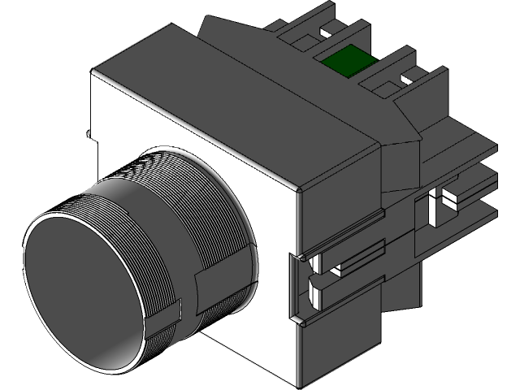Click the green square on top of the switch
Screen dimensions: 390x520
pos(346,60)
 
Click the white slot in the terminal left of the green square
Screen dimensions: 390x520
pos(328,35)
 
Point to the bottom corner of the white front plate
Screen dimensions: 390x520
pos(297,382)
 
